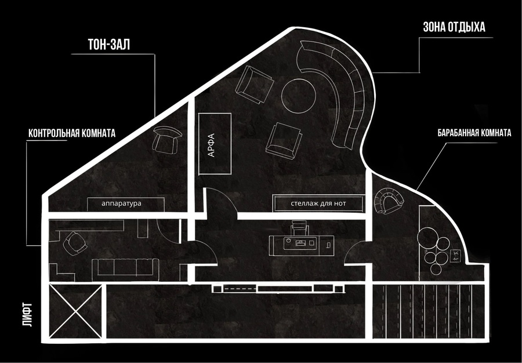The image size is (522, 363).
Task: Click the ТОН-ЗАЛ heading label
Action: [109, 45]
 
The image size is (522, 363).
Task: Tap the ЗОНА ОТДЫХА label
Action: [454, 27]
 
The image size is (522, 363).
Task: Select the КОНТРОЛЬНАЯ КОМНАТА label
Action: [72, 133]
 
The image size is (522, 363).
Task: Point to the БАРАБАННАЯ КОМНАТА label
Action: [474, 133]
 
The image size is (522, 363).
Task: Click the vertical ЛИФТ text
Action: [28, 314]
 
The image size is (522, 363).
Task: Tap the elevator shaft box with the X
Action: [75, 311]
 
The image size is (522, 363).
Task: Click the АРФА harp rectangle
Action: [215, 144]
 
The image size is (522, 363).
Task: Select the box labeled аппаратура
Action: [126, 204]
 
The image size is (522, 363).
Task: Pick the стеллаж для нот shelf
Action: [318, 203]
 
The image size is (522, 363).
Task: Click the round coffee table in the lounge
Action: [299, 96]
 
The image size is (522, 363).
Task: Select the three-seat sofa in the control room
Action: [125, 267]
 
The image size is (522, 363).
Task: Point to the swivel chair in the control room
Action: [75, 243]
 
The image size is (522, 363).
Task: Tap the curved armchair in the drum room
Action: [388, 201]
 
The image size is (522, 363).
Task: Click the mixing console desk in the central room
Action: [301, 245]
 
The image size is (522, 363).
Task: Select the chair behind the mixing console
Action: [298, 228]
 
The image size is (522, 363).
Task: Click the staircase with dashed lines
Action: [428, 311]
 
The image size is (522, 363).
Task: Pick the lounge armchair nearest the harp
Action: [253, 85]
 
